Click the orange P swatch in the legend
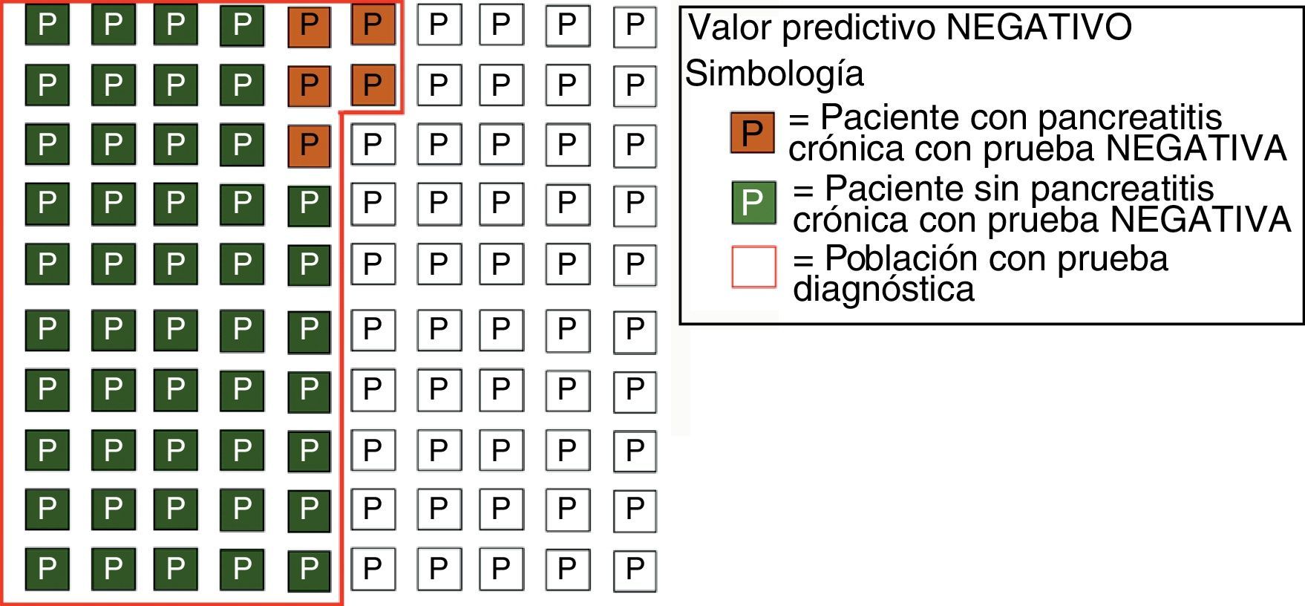pyautogui.click(x=752, y=133)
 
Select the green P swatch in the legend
pyautogui.click(x=753, y=202)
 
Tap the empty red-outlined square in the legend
pyautogui.click(x=753, y=267)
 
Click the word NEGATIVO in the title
pyautogui.click(x=1039, y=27)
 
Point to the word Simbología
pyautogui.click(x=774, y=74)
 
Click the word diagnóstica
pyautogui.click(x=883, y=288)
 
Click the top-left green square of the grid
pyautogui.click(x=47, y=25)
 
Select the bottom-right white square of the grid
pyautogui.click(x=634, y=569)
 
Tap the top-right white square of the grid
pyautogui.click(x=634, y=25)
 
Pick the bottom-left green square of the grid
pyautogui.click(x=47, y=569)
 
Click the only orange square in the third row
pyautogui.click(x=309, y=143)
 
